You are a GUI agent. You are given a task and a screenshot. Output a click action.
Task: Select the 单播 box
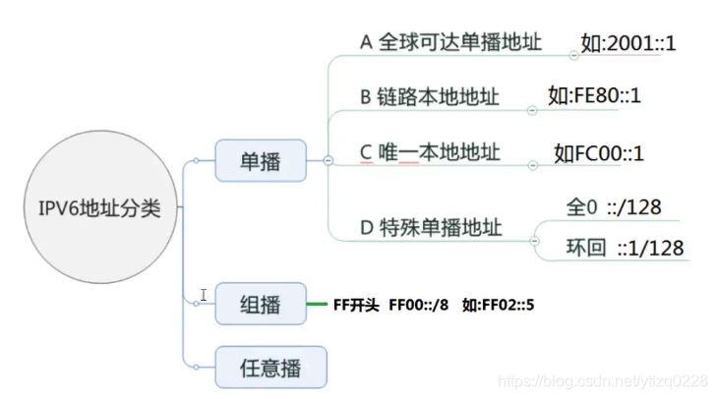click(x=260, y=160)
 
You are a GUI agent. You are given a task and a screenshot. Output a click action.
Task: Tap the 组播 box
click(x=260, y=305)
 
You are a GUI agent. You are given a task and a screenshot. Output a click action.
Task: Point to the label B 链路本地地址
click(x=429, y=96)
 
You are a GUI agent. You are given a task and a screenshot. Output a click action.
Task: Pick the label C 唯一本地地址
click(x=429, y=152)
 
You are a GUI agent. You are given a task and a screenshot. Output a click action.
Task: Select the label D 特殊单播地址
click(x=431, y=228)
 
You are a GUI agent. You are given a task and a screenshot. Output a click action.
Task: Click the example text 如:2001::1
click(x=628, y=44)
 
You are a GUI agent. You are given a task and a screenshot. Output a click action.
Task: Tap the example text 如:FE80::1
click(x=595, y=95)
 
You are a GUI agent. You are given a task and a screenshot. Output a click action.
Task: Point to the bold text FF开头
click(x=357, y=305)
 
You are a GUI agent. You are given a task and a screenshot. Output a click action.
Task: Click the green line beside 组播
click(x=316, y=305)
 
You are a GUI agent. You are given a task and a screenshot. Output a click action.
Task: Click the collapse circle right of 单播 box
click(x=328, y=160)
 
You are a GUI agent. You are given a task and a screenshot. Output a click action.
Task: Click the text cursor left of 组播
click(x=204, y=295)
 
